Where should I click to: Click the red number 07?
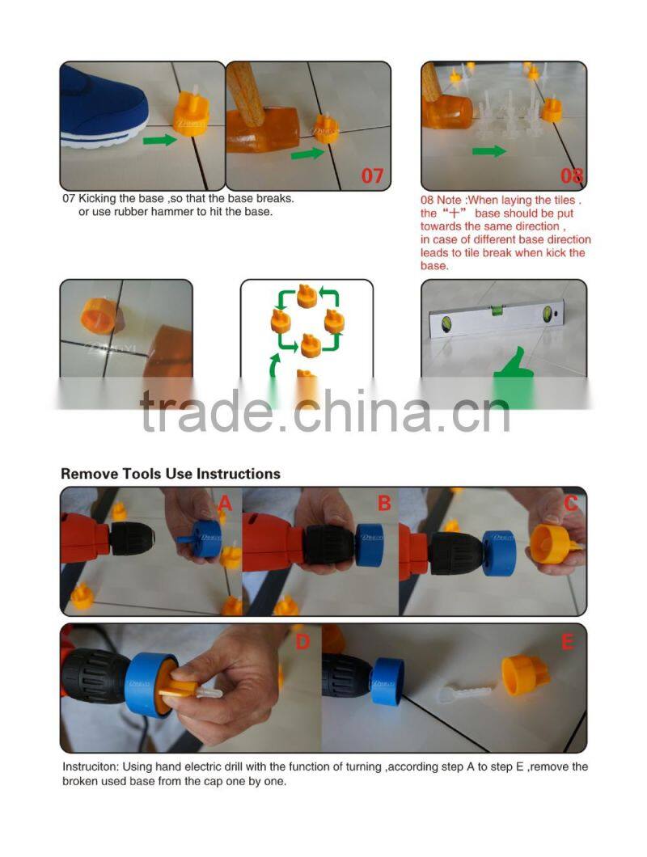click(x=372, y=175)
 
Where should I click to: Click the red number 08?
click(x=572, y=175)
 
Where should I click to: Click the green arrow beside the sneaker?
click(x=160, y=141)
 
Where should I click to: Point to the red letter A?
click(x=225, y=504)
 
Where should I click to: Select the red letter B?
click(x=384, y=504)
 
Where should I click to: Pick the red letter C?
click(x=571, y=504)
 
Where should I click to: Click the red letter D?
click(x=302, y=642)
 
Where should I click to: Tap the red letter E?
click(x=568, y=643)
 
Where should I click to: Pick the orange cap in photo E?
click(x=526, y=676)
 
